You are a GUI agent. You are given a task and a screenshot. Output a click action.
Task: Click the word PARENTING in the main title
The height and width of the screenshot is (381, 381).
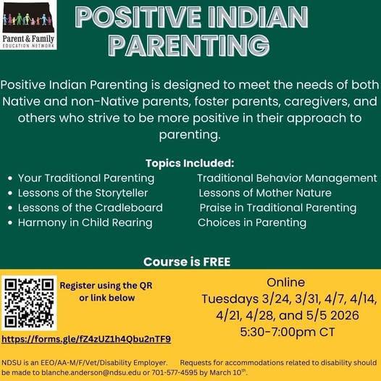[190, 46]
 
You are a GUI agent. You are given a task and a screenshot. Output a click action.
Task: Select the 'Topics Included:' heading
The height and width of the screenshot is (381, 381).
[190, 162]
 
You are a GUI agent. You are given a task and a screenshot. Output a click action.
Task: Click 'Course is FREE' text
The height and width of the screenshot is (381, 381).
[190, 261]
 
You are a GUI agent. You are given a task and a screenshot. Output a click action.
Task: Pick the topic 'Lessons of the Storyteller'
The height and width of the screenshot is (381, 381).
[83, 193]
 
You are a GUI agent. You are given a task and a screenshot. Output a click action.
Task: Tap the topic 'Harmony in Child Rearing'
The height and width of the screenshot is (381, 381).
[85, 222]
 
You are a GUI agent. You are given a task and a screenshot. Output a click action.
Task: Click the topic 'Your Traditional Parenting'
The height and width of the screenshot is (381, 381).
[85, 178]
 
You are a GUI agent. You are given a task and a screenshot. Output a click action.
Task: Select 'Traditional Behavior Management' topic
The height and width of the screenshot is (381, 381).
[287, 178]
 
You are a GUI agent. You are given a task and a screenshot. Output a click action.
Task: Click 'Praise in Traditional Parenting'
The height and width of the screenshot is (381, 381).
[278, 208]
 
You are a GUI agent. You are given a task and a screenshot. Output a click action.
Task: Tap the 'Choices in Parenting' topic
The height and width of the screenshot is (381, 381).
[252, 222]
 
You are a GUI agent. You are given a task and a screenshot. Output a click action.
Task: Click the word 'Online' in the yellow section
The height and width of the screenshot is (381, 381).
[285, 282]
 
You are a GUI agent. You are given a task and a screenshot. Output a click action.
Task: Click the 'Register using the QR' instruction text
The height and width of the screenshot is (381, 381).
[106, 285]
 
